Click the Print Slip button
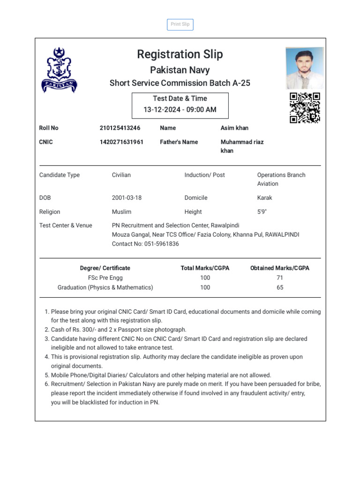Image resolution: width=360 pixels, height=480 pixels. [180, 24]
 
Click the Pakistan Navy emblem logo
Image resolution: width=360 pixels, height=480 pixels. [59, 70]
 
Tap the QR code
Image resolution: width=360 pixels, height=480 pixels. [305, 108]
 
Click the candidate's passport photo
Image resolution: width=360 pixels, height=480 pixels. [305, 67]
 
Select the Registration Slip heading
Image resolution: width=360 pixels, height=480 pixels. [180, 54]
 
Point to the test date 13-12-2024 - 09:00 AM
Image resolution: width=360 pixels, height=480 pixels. [180, 110]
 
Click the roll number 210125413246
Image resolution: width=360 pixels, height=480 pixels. [120, 128]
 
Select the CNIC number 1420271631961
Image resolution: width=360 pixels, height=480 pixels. [121, 142]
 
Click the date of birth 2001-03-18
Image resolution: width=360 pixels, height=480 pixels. [127, 198]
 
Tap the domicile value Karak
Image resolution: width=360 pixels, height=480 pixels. [264, 198]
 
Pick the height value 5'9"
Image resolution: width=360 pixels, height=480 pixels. [262, 212]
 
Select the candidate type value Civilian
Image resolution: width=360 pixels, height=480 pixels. [121, 175]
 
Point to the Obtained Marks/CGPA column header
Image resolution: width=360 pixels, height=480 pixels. [280, 268]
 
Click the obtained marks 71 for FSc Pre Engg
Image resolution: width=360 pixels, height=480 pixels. [280, 277]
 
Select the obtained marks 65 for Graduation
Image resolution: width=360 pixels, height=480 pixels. [280, 287]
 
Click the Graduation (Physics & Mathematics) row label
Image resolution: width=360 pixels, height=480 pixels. [105, 287]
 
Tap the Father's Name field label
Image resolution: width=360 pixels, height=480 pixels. [179, 142]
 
